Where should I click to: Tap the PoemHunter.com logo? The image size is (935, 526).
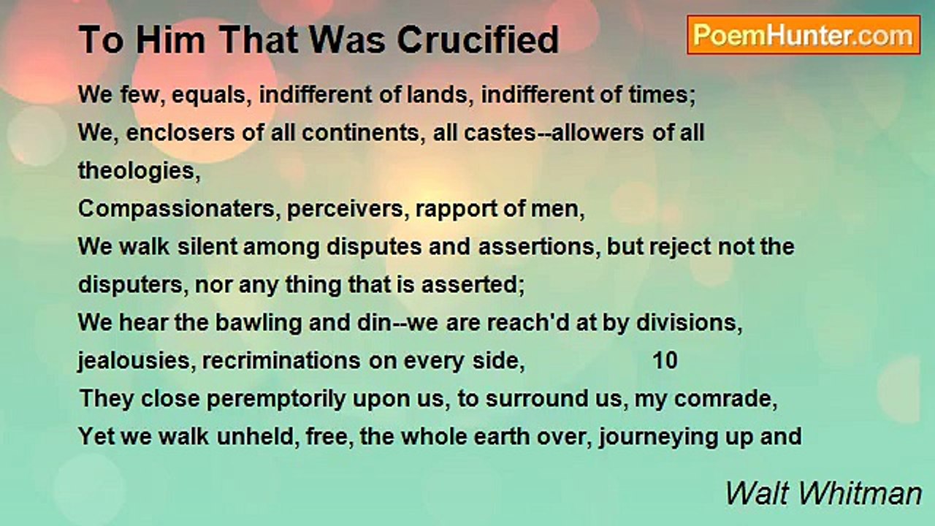click(804, 34)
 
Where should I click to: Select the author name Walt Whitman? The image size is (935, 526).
click(823, 493)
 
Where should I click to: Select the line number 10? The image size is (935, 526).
click(665, 361)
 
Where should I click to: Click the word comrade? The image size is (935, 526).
click(723, 399)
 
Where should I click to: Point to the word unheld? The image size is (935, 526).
click(242, 437)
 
